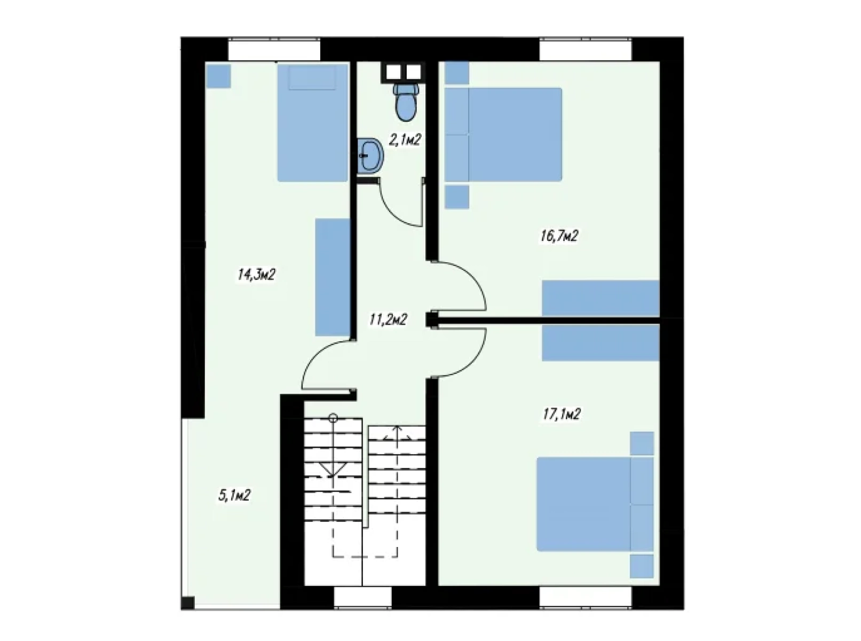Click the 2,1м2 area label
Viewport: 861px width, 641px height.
point(405,139)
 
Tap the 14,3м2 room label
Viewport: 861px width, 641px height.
point(257,275)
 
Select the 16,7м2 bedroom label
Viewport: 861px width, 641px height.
point(559,236)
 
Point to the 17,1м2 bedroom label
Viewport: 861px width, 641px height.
point(562,414)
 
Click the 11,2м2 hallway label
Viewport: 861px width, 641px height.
point(388,320)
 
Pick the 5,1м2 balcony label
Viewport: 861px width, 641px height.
point(234,495)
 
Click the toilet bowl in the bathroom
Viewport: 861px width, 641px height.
point(406,102)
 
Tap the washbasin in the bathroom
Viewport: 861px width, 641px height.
point(370,155)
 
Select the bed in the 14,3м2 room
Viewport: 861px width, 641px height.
point(312,123)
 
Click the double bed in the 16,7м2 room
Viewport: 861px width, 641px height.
point(503,135)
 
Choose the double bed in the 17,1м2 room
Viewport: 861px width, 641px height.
point(595,504)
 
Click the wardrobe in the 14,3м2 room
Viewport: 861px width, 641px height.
point(333,277)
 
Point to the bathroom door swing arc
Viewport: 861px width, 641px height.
point(394,212)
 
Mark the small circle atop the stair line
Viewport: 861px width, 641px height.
point(333,418)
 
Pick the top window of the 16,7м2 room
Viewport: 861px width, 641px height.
point(586,50)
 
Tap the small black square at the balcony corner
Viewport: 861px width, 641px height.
point(188,603)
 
